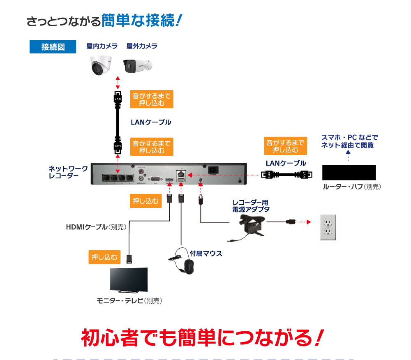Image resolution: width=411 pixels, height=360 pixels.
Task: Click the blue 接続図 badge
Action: pyautogui.click(x=53, y=47)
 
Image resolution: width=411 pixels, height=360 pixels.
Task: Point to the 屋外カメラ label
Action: pyautogui.click(x=142, y=46)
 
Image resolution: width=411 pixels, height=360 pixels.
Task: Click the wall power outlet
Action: pyautogui.click(x=328, y=227)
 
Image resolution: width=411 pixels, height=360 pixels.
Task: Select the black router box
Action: pyautogui.click(x=349, y=172)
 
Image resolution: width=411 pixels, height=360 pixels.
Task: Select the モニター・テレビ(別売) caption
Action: pyautogui.click(x=129, y=301)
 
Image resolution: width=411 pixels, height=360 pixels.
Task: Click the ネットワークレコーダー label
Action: pyautogui.click(x=68, y=172)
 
